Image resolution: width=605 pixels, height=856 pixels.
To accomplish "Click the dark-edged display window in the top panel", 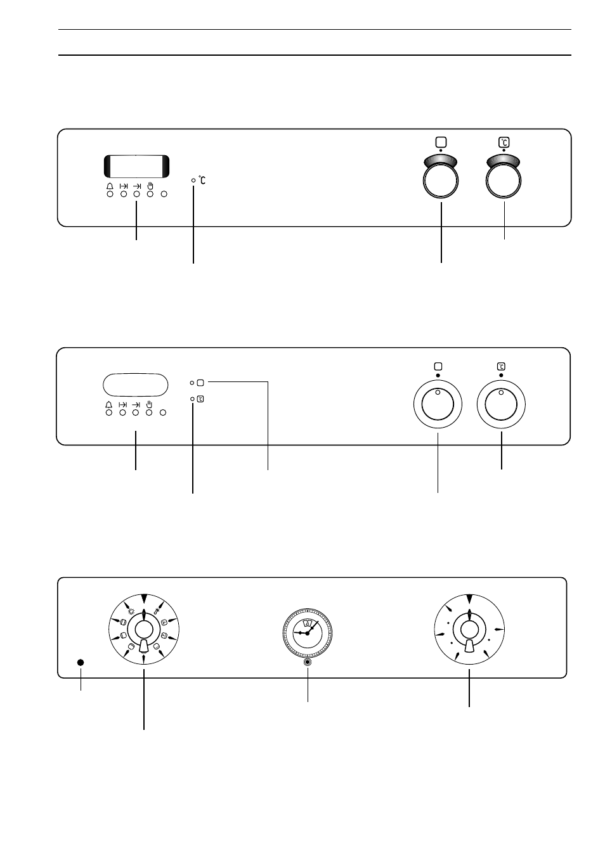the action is (x=136, y=166).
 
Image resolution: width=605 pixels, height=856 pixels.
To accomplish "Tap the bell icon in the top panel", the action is (x=110, y=186).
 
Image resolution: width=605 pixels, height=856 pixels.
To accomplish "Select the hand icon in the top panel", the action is (x=150, y=186).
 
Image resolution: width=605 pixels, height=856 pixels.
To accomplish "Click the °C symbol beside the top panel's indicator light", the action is (x=202, y=180).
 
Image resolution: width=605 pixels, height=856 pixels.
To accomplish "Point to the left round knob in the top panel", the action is (x=441, y=181).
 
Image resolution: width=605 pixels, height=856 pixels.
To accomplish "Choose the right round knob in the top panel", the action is (x=504, y=181).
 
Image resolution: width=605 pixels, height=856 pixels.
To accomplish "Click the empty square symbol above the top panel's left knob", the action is (x=441, y=142).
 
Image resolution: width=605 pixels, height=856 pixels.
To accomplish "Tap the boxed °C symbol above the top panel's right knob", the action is (x=504, y=142).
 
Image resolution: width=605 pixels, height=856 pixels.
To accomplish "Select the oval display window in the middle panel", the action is (x=135, y=385).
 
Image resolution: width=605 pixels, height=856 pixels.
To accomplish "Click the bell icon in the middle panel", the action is (x=109, y=405).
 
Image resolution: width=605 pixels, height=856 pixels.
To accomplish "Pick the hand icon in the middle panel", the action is (x=149, y=404).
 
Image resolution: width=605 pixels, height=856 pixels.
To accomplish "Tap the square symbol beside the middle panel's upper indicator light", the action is (x=200, y=383).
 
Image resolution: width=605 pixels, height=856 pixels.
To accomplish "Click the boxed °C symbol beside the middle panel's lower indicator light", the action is (x=200, y=399).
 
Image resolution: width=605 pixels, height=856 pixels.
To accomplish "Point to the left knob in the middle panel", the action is (x=438, y=404).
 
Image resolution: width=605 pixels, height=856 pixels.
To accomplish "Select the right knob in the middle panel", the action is (x=501, y=404).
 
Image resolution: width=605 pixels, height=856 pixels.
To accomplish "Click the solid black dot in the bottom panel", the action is (x=81, y=662).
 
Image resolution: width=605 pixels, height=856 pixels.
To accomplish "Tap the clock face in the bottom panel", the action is (x=307, y=633).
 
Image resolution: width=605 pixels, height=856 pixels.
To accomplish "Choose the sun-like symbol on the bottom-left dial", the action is (x=131, y=611).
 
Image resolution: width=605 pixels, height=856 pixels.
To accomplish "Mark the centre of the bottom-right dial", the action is (x=469, y=629).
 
